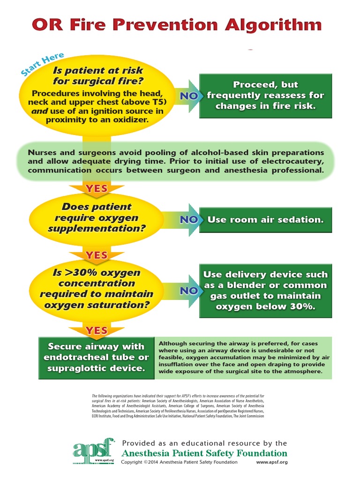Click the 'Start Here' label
(42, 64)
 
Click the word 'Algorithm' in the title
(273, 24)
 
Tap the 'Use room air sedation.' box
(265, 220)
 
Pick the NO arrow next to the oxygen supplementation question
(187, 220)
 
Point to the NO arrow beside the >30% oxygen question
(187, 291)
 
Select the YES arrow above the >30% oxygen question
(97, 255)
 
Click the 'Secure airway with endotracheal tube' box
(97, 358)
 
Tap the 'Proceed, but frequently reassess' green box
(265, 96)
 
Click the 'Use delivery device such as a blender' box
(265, 291)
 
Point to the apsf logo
(94, 451)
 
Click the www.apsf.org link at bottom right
(272, 462)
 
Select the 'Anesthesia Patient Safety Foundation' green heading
(204, 453)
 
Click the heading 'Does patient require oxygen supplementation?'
(97, 217)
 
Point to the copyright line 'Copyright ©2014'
(140, 462)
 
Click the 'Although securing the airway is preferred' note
(243, 358)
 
